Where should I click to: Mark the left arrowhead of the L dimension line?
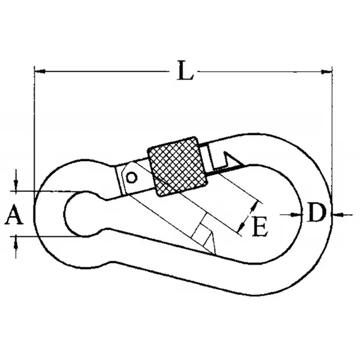pyautogui.click(x=39, y=70)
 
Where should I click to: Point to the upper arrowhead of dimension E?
pyautogui.click(x=255, y=205)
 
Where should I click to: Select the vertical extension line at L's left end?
pyautogui.click(x=34, y=126)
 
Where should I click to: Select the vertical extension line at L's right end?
pyautogui.click(x=332, y=126)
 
